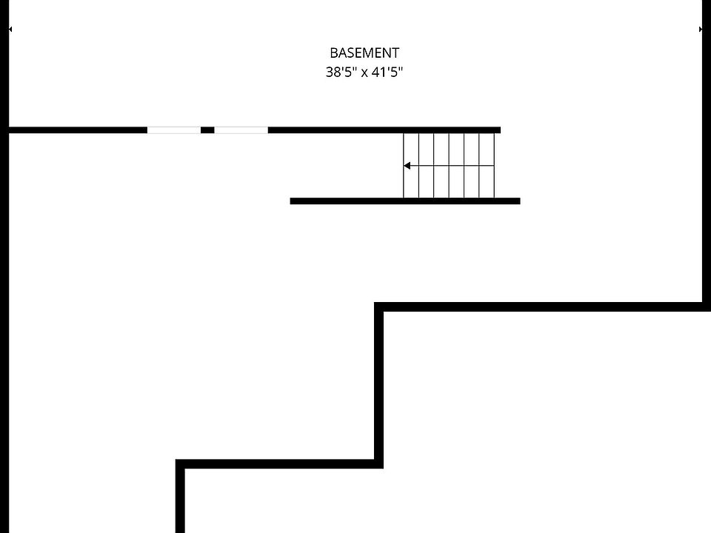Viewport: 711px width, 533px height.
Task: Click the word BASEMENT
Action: (x=364, y=53)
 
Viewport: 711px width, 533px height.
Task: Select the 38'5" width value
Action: (x=341, y=73)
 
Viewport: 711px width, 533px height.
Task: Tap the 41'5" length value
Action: (x=387, y=73)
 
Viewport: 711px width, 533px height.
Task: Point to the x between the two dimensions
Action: (x=364, y=73)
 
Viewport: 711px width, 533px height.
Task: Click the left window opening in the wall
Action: (x=173, y=130)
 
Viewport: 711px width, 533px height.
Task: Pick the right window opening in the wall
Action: (x=241, y=130)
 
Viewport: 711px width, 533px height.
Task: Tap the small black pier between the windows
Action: (x=207, y=130)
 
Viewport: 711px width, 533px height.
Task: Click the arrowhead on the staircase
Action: (x=407, y=166)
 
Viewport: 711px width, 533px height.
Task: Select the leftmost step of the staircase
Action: (x=411, y=166)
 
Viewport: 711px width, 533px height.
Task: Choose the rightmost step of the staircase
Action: (x=487, y=166)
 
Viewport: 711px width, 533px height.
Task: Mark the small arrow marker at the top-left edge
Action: (x=10, y=30)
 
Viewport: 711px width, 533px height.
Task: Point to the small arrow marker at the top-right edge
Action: (x=701, y=30)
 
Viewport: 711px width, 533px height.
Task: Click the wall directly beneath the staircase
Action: (x=405, y=201)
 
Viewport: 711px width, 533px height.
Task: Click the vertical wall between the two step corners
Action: (x=379, y=385)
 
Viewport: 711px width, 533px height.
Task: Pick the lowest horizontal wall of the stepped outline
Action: (x=278, y=464)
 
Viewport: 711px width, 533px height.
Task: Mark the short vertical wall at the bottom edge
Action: (x=180, y=500)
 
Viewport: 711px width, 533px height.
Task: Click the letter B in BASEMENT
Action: (x=333, y=53)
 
